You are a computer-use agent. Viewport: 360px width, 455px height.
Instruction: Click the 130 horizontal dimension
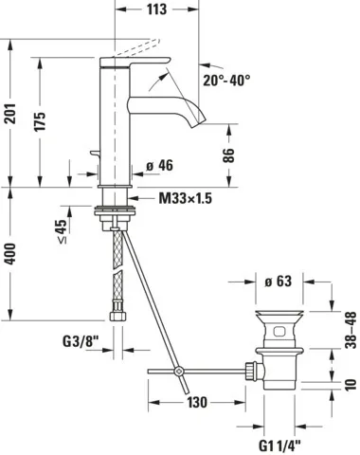pyautogui.click(x=196, y=401)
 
